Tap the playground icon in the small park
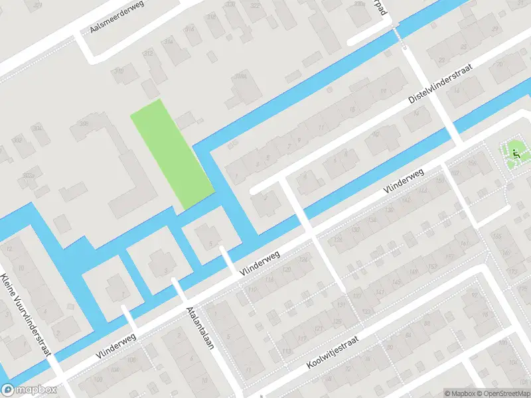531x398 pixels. [516, 155]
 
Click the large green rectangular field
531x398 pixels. [172, 153]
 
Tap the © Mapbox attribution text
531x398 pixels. [457, 393]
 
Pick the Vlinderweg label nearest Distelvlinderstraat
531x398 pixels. [403, 181]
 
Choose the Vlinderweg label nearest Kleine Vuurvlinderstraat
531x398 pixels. [116, 346]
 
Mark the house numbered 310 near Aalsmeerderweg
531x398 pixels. [119, 71]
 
